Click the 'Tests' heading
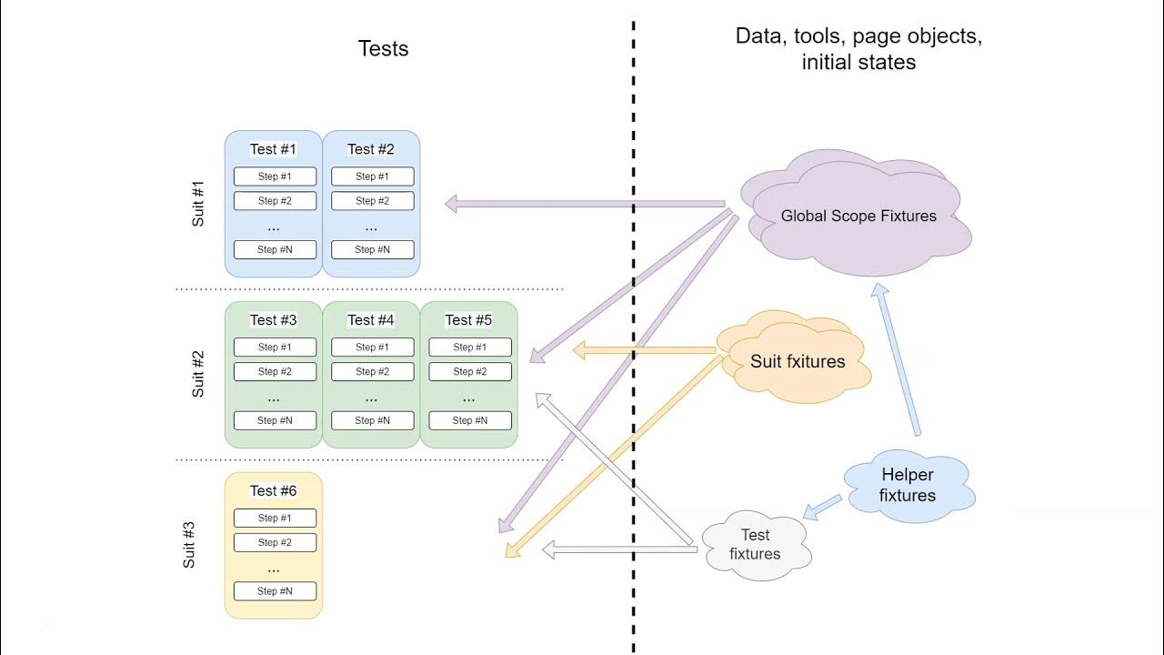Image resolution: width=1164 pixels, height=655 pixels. pyautogui.click(x=383, y=49)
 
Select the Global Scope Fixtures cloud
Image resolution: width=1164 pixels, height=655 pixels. pyautogui.click(x=858, y=217)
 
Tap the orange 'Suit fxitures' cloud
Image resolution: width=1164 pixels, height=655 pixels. pyautogui.click(x=797, y=361)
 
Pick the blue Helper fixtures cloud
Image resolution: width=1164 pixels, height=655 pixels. pyautogui.click(x=908, y=486)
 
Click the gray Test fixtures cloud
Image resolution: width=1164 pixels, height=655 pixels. pyautogui.click(x=755, y=545)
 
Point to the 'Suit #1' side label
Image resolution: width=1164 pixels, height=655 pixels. pyautogui.click(x=198, y=204)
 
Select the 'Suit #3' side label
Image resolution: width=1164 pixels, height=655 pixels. pyautogui.click(x=189, y=545)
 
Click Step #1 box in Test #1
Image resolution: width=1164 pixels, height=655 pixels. pyautogui.click(x=275, y=176)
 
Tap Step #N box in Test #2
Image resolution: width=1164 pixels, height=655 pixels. pyautogui.click(x=372, y=249)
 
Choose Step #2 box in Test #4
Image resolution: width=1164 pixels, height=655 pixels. pyautogui.click(x=372, y=371)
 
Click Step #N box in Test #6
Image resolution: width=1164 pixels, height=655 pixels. pyautogui.click(x=275, y=591)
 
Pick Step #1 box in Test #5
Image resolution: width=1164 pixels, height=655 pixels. pyautogui.click(x=469, y=347)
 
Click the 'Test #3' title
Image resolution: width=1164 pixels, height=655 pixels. pyautogui.click(x=273, y=320)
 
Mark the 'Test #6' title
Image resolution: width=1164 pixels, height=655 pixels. pyautogui.click(x=273, y=491)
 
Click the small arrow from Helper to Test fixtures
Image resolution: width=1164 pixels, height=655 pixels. pyautogui.click(x=822, y=508)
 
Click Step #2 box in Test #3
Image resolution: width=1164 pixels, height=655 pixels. pyautogui.click(x=275, y=371)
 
